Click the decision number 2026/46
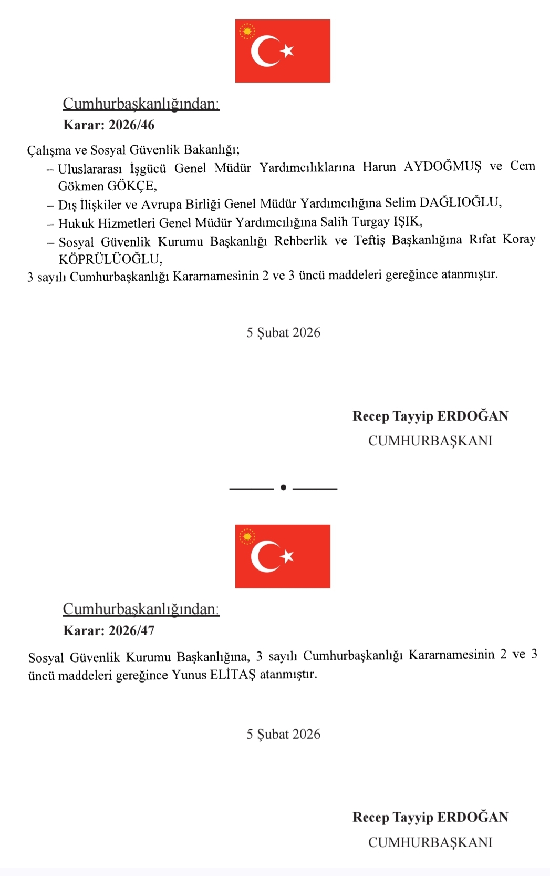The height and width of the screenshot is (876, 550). tap(131, 125)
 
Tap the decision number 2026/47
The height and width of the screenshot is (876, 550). tap(131, 630)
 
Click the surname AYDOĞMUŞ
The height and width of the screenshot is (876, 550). tap(442, 167)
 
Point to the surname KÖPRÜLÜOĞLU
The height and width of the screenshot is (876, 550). tap(110, 259)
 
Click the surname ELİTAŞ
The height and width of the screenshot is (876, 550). tap(233, 675)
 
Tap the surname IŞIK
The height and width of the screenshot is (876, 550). tap(408, 221)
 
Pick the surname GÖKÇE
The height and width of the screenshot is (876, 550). tap(131, 186)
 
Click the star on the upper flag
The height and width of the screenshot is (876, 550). tap(287, 51)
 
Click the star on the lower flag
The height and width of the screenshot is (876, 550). tap(287, 556)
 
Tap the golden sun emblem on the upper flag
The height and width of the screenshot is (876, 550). tap(246, 31)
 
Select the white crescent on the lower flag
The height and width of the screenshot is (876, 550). tap(263, 556)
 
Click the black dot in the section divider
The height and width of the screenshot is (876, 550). tap(283, 487)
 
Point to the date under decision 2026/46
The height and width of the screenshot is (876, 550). tap(283, 333)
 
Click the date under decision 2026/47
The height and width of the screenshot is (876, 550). tap(283, 735)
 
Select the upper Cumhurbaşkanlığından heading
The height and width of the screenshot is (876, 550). tap(141, 104)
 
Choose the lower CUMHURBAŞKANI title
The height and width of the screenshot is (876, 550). tap(430, 842)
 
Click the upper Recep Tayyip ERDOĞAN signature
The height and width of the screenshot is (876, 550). tap(430, 416)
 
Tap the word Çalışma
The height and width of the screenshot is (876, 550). tap(49, 150)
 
